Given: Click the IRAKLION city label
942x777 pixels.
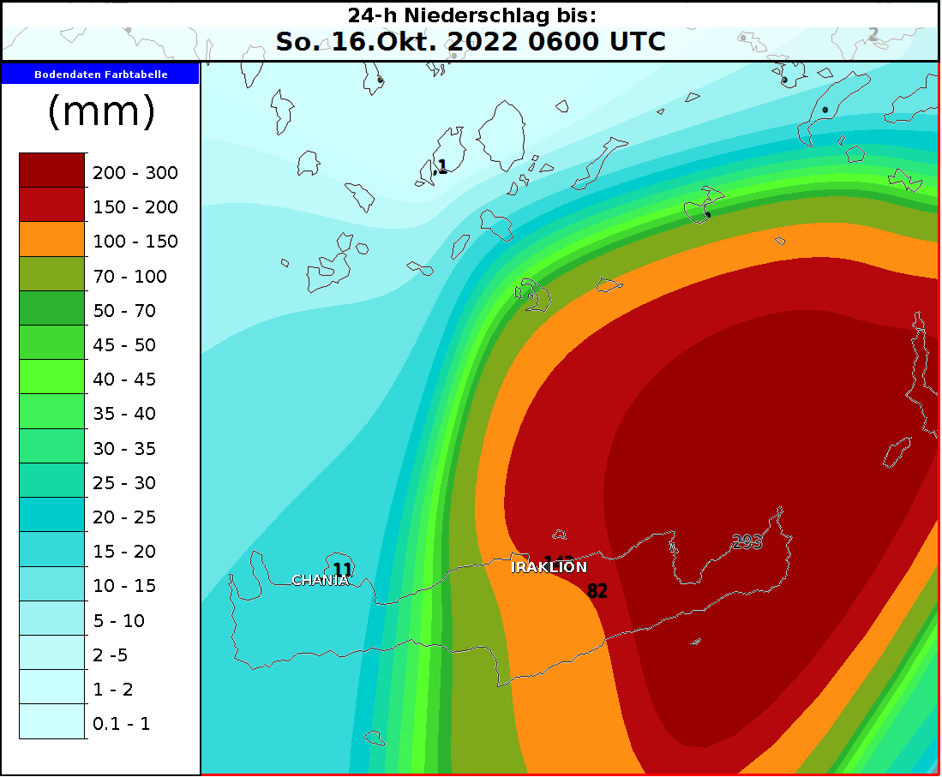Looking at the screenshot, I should tap(549, 567).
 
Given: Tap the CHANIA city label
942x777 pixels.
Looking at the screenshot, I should tap(321, 581).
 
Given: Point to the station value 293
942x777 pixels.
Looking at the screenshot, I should tap(747, 541).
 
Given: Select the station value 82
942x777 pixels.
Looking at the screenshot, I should tap(597, 590).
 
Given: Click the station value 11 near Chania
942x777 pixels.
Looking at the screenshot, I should tap(342, 569).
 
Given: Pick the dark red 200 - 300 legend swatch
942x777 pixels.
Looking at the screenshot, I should tap(52, 170).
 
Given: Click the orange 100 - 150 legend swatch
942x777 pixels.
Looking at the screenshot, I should tap(52, 240).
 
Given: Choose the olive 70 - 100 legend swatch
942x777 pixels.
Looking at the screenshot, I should tap(52, 274).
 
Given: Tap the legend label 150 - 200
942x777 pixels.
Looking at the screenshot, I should tap(135, 207).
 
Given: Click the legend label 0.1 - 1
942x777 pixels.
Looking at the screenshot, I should tap(121, 724).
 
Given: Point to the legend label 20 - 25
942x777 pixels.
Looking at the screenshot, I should tap(124, 517).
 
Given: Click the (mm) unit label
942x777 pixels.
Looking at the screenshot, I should tap(100, 112).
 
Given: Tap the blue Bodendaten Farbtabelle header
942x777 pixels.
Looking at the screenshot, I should tap(100, 75).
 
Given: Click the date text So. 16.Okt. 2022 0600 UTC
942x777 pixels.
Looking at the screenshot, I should tap(471, 42).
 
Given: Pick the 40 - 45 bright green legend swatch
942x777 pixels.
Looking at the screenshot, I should tap(52, 378).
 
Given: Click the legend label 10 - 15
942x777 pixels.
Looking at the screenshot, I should tap(124, 586).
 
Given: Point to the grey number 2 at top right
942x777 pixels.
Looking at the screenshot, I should tap(873, 34).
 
